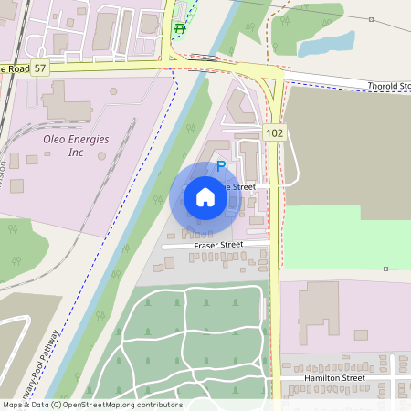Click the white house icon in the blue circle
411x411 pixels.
pyautogui.click(x=205, y=197)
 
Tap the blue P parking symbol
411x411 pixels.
pyautogui.click(x=220, y=167)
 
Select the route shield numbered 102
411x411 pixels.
pyautogui.click(x=275, y=133)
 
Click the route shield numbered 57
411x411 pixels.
pyautogui.click(x=42, y=69)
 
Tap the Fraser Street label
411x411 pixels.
pyautogui.click(x=217, y=245)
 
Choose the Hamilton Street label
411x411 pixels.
pyautogui.click(x=335, y=377)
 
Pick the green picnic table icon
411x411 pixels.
pyautogui.click(x=179, y=28)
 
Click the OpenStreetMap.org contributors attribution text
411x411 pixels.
pyautogui.click(x=123, y=405)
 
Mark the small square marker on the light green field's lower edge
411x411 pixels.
pyautogui.click(x=385, y=269)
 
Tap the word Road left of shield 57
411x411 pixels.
pyautogui.click(x=16, y=69)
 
